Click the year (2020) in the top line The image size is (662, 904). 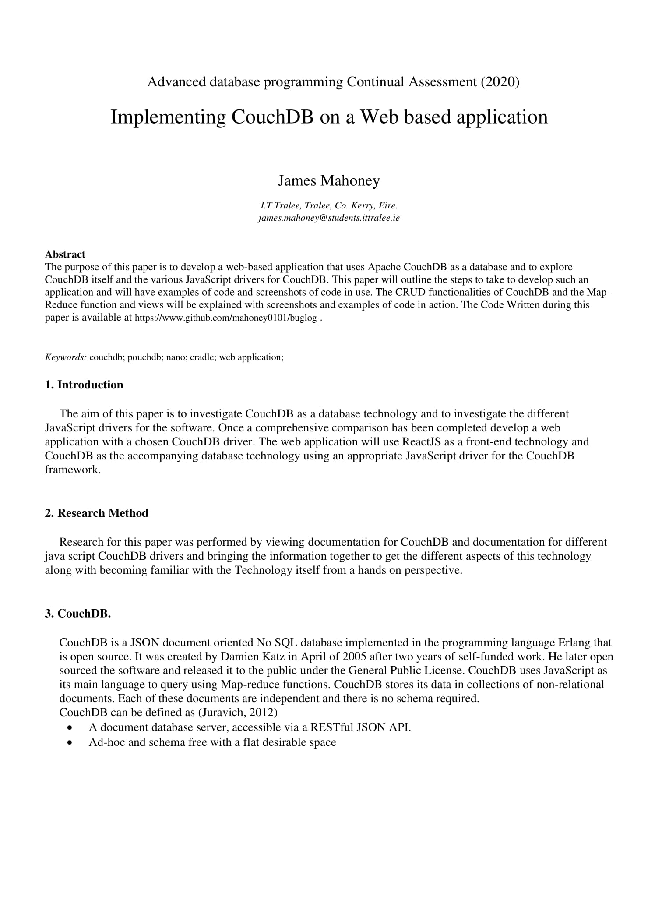(500, 82)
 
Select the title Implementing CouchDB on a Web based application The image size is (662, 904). (329, 117)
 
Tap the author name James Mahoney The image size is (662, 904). (329, 180)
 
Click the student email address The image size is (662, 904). (329, 218)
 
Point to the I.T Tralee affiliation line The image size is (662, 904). (329, 205)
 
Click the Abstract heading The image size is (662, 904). (65, 254)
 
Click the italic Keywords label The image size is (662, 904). (66, 357)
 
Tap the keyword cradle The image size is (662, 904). (202, 357)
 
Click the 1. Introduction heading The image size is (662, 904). (84, 385)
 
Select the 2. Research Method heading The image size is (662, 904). (96, 513)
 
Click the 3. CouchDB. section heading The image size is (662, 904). (78, 614)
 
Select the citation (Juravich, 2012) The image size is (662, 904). (238, 713)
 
